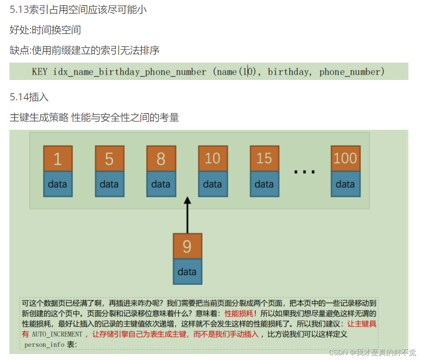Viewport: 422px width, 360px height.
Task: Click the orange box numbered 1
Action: (x=58, y=158)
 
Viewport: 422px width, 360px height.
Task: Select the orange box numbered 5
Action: (x=109, y=158)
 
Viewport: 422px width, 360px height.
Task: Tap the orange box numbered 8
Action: (x=161, y=158)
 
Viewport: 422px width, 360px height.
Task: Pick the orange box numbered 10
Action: (x=213, y=158)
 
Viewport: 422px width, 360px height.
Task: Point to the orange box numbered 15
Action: (x=264, y=158)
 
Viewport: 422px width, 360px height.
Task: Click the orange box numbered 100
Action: (x=345, y=158)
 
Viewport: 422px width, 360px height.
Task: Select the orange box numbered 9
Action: (x=188, y=246)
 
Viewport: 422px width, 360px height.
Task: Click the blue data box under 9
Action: (x=188, y=271)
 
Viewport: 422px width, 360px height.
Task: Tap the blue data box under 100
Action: (x=345, y=184)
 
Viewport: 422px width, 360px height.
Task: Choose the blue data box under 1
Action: (x=58, y=184)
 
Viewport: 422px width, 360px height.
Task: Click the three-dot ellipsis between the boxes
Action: (x=305, y=172)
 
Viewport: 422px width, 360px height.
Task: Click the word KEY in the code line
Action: (x=40, y=72)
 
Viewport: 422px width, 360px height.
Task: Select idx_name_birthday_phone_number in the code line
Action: (x=129, y=72)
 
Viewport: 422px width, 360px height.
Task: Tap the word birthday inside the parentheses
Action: (x=288, y=72)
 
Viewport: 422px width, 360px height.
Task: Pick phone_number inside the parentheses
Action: (x=350, y=72)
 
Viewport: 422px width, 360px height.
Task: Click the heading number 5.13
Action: (x=19, y=10)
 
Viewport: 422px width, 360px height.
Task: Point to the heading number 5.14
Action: (x=19, y=97)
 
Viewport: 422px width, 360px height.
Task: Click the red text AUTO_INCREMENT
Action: (x=57, y=334)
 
